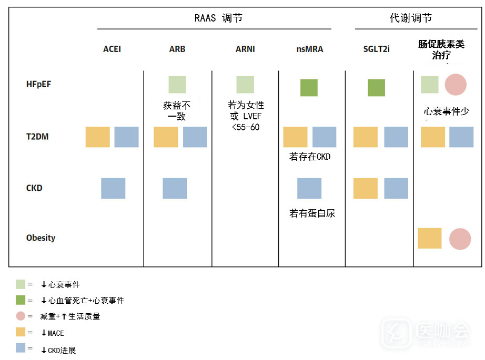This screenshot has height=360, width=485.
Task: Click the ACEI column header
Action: point(112,49)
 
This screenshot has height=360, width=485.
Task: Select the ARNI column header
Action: point(245,49)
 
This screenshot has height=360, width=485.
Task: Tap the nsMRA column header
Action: point(310,49)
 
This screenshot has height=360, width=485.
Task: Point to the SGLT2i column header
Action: point(377,49)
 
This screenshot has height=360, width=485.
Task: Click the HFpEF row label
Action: point(39,85)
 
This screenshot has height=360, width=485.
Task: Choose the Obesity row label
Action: point(41,238)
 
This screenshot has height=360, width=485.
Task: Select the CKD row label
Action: point(34,188)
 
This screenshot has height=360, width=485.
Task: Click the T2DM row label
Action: point(37,137)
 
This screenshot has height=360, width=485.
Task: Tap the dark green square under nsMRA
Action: point(309,88)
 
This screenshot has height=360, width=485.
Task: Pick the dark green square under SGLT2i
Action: point(377,88)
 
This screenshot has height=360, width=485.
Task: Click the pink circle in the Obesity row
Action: point(460,239)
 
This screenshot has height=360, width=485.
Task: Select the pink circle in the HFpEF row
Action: point(456,85)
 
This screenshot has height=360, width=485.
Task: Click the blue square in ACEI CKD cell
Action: point(113,188)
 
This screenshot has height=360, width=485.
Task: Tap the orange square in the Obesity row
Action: point(430,238)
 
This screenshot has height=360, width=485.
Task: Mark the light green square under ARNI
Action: point(245,85)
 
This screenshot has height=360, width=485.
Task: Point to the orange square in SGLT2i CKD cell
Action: point(366,188)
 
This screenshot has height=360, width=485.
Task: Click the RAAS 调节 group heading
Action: point(218,18)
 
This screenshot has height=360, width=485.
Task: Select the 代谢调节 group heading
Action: point(411,18)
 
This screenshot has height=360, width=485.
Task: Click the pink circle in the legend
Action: point(21,316)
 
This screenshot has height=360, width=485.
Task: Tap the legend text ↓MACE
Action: point(53,333)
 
